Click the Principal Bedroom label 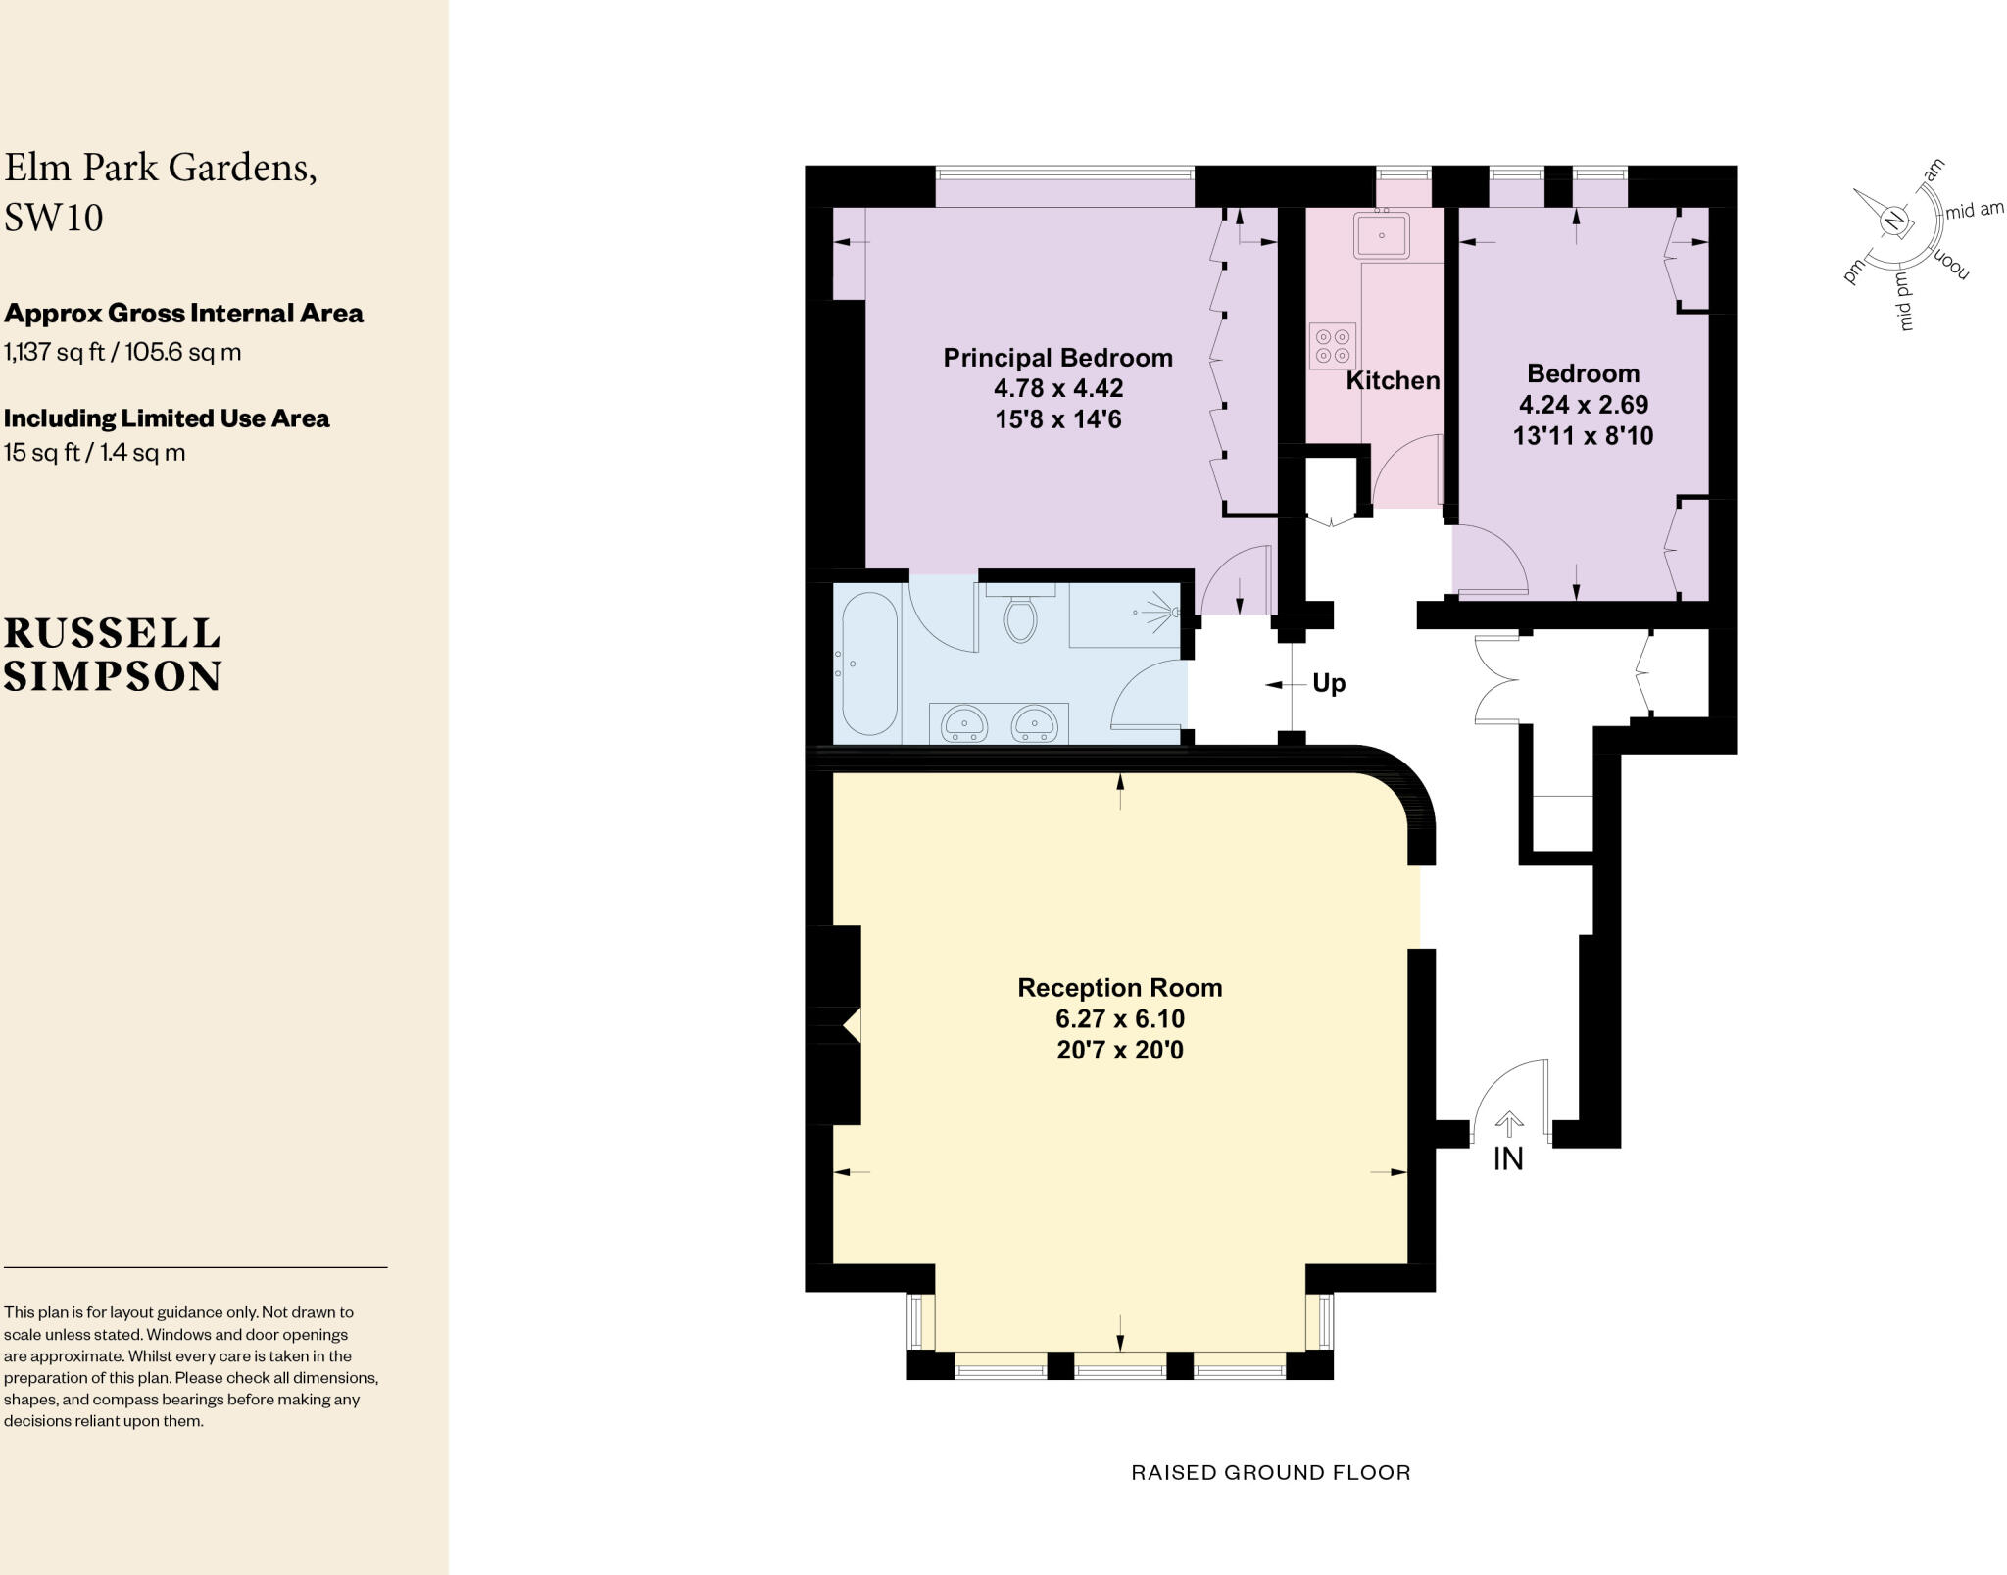click(x=1057, y=358)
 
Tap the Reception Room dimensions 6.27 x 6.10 click(x=1120, y=1018)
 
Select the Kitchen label click(x=1393, y=381)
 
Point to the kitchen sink click(x=1381, y=235)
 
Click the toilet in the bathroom click(x=1020, y=618)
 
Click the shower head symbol click(x=1173, y=613)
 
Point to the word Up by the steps click(x=1329, y=683)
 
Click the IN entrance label click(x=1508, y=1158)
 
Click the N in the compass click(x=1893, y=221)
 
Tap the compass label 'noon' click(x=1950, y=265)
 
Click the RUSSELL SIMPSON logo click(x=113, y=655)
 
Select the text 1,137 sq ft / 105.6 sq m click(x=122, y=352)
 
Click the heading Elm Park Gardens click(x=161, y=168)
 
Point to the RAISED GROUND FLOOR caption click(x=1271, y=1472)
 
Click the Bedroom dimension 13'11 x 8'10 click(x=1583, y=436)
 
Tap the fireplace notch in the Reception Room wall click(x=851, y=1025)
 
